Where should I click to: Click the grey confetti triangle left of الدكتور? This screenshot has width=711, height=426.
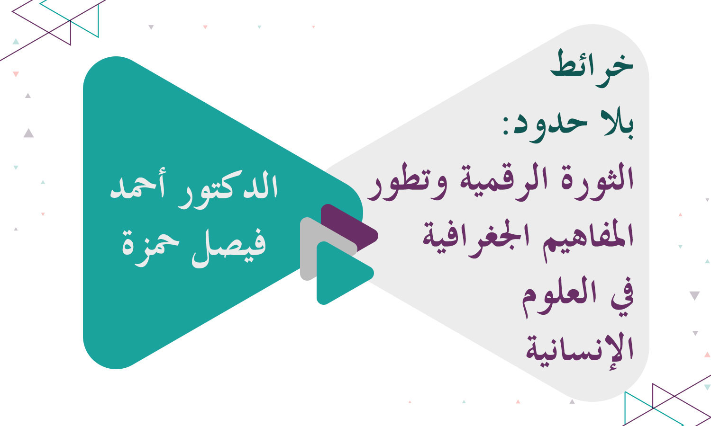(x=28, y=133)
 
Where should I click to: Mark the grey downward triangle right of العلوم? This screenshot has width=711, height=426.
(x=694, y=296)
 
